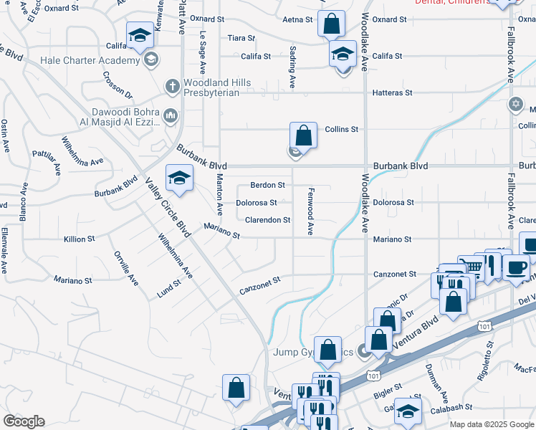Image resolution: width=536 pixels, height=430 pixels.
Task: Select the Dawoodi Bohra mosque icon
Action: pyautogui.click(x=171, y=115)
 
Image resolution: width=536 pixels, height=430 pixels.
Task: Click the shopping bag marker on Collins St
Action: pyautogui.click(x=303, y=135)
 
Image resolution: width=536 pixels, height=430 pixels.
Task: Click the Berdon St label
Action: pyautogui.click(x=267, y=184)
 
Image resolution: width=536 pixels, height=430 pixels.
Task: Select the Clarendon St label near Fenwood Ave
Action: pyautogui.click(x=267, y=220)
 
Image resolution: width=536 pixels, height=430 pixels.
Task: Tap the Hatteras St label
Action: pyautogui.click(x=393, y=92)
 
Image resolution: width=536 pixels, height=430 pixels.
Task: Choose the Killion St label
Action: pyautogui.click(x=79, y=239)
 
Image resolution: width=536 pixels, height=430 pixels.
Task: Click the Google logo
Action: pyautogui.click(x=24, y=421)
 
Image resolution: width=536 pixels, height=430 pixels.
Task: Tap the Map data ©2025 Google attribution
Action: pyautogui.click(x=492, y=424)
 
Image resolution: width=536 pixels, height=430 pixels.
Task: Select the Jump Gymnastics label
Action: pyautogui.click(x=314, y=352)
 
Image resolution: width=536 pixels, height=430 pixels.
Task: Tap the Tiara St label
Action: pyautogui.click(x=236, y=38)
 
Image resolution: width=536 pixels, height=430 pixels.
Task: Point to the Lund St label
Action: pyautogui.click(x=168, y=288)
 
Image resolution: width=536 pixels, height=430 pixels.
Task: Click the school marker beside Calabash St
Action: pyautogui.click(x=408, y=411)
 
